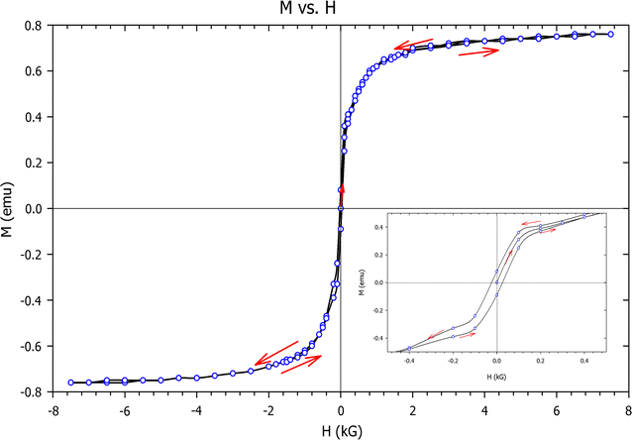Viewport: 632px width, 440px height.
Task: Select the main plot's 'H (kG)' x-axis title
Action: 340,428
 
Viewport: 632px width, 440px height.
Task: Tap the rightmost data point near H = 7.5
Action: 610,34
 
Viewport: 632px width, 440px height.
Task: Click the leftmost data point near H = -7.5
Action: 70,383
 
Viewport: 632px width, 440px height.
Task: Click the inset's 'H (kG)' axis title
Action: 495,378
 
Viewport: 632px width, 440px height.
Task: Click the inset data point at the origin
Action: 496,282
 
